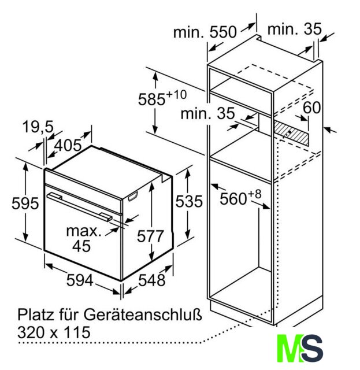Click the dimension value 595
[25, 203]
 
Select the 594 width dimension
[80, 280]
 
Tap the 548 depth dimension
[151, 280]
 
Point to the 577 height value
[150, 236]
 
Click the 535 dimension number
[189, 201]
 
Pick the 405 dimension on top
[68, 145]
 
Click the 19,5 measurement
[38, 127]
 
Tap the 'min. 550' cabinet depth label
[205, 32]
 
